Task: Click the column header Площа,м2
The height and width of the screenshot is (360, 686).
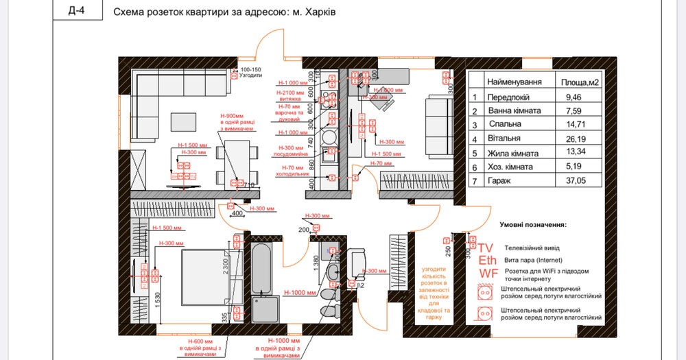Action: click(574, 82)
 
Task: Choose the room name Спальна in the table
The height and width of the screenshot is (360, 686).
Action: click(505, 124)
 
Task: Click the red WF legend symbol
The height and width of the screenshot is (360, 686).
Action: click(488, 274)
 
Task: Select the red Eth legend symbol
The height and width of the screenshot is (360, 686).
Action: click(487, 261)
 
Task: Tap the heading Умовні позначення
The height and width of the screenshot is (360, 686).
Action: click(532, 224)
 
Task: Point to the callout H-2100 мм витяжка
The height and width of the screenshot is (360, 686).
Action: click(289, 95)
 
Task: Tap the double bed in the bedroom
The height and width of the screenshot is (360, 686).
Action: click(201, 273)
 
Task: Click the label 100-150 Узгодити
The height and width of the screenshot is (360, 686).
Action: click(250, 73)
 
